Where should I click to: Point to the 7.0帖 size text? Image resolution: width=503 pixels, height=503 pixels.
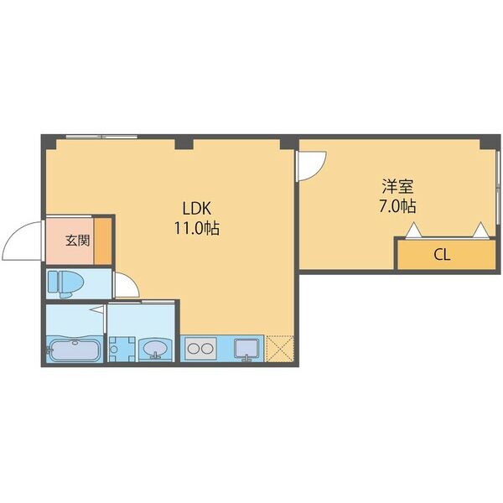click(x=397, y=205)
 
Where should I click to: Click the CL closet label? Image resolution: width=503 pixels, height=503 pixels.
click(x=442, y=256)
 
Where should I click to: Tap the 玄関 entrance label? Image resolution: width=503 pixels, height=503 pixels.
click(x=77, y=241)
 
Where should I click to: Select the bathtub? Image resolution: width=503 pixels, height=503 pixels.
click(x=75, y=349)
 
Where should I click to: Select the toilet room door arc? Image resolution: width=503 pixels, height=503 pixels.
click(x=126, y=286)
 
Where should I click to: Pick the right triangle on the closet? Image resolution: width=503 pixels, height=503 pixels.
click(x=480, y=230)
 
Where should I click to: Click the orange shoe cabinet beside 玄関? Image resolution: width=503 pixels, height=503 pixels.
click(x=103, y=241)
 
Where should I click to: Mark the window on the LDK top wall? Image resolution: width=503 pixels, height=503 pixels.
click(x=101, y=136)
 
